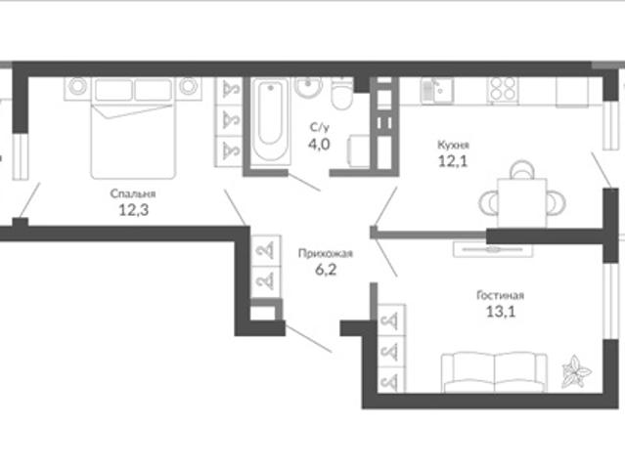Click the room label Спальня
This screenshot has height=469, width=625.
133,193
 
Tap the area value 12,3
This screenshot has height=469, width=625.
134,210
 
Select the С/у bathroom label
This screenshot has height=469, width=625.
320,127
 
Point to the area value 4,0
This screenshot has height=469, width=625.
319,145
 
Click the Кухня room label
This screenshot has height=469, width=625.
453,145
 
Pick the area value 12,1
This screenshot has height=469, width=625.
453,161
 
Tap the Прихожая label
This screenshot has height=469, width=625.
326,254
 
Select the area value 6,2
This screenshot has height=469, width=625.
326,270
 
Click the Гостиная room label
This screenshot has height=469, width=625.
500,295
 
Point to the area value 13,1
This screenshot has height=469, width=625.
501,312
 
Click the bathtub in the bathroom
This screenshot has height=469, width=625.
271,120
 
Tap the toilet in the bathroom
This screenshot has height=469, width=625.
342,94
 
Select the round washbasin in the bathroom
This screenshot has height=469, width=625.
308,86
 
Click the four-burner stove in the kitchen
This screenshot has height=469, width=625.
503,89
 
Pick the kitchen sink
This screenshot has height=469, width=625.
437,90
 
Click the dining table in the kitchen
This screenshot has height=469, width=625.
521,203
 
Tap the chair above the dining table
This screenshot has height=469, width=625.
522,170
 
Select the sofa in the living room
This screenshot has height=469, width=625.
494,372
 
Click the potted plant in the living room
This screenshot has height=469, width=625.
576,371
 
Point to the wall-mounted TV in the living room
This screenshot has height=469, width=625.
493,249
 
